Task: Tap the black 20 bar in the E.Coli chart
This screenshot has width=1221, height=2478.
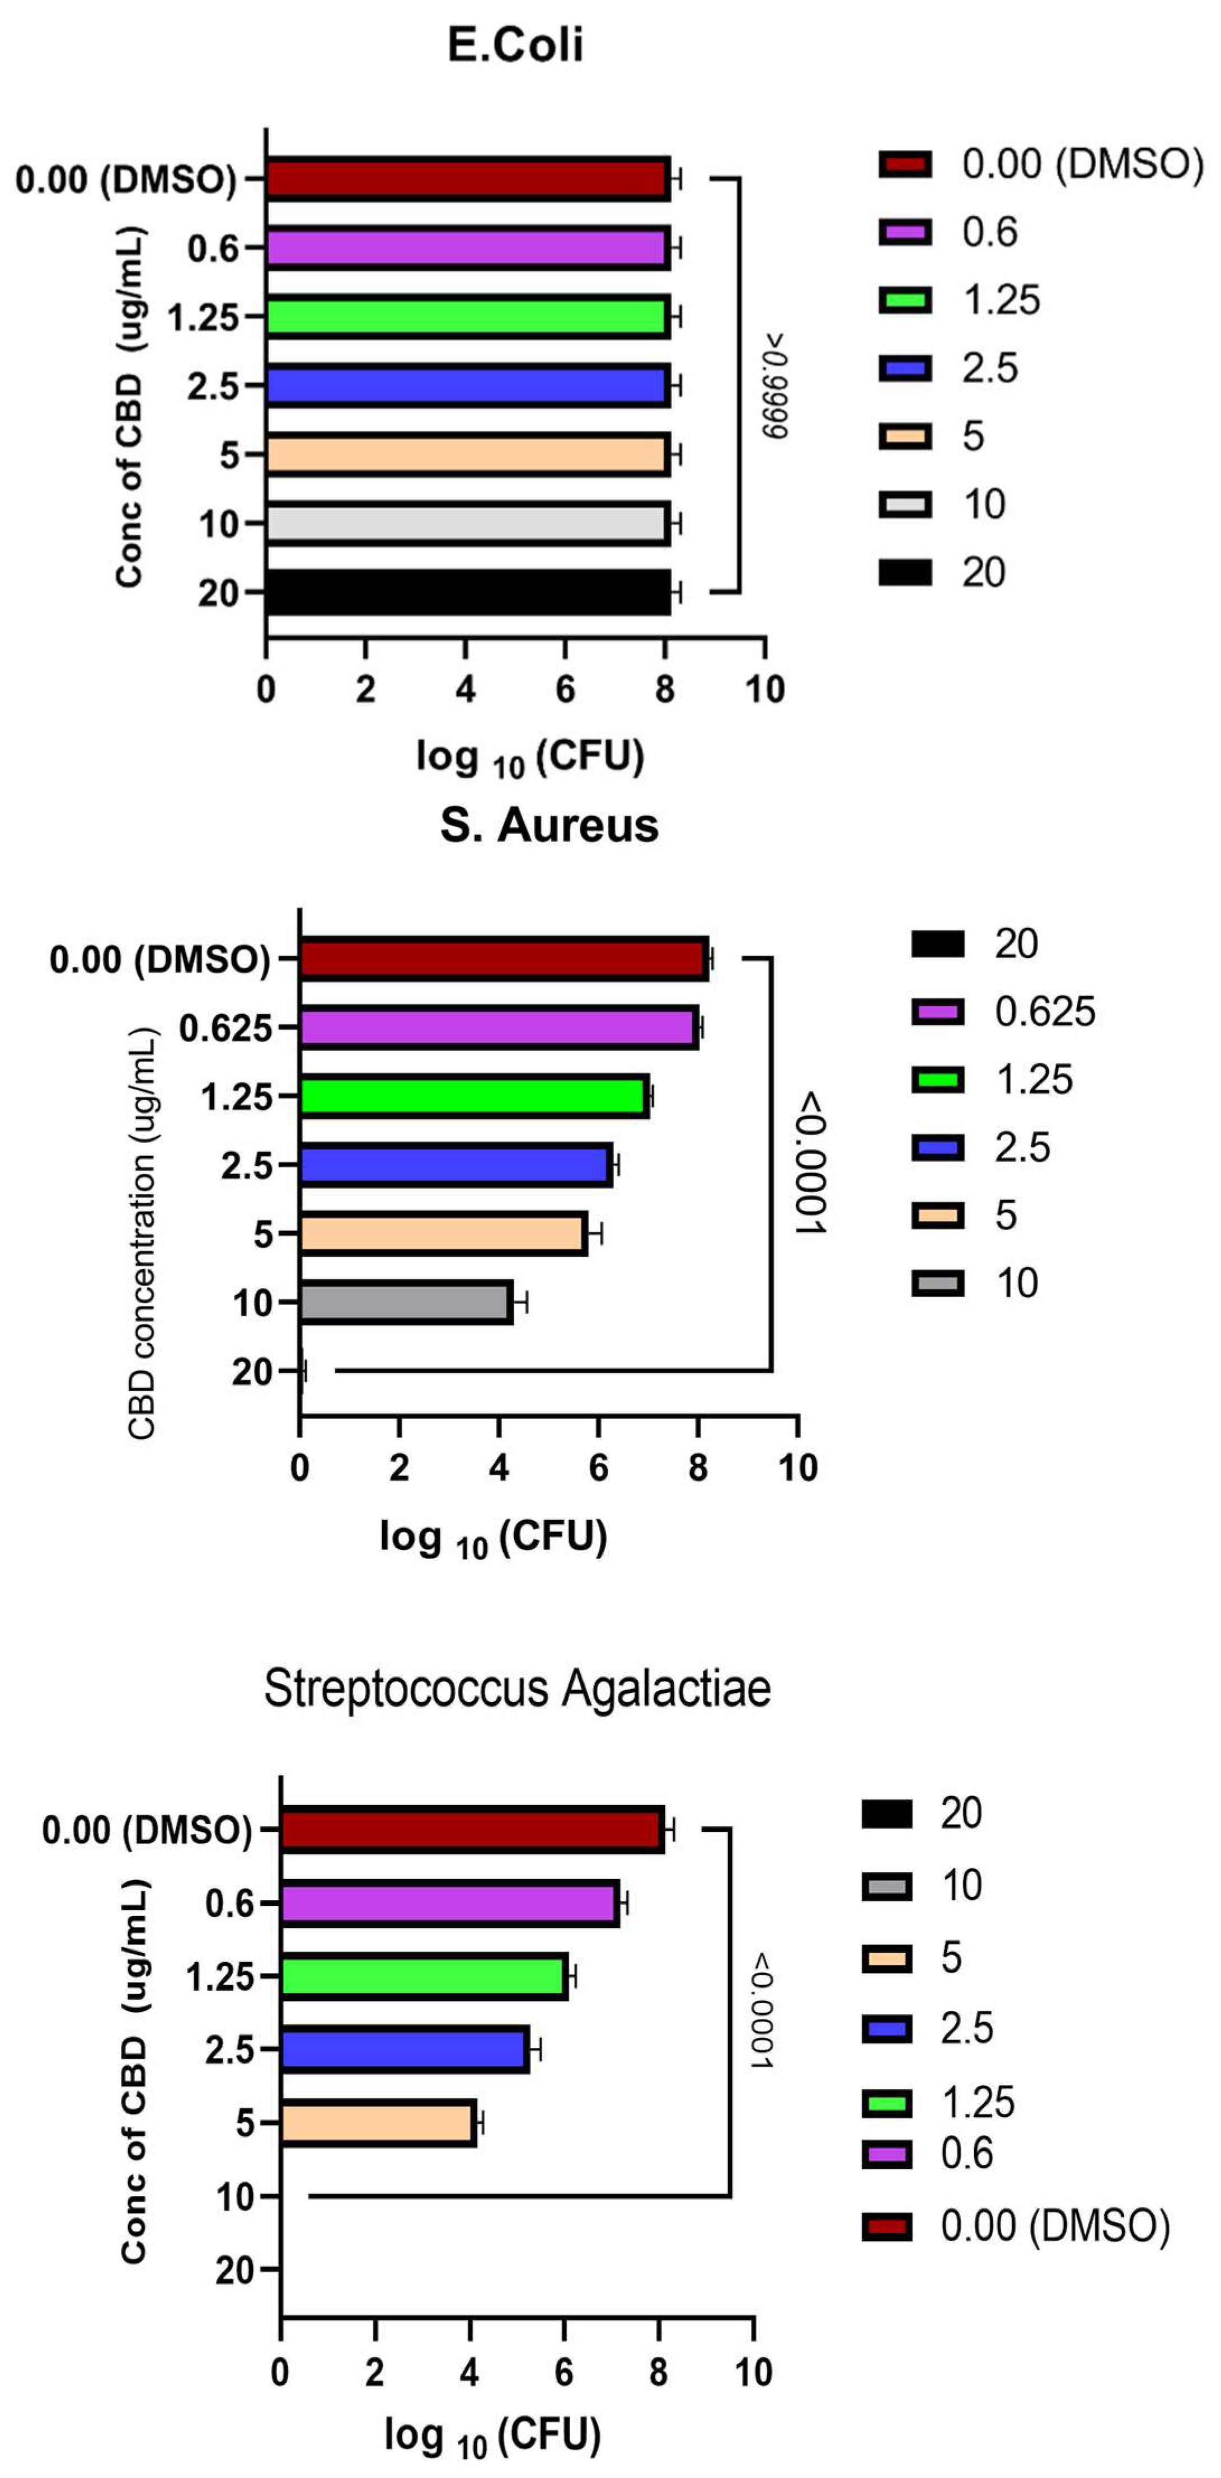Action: click(x=467, y=592)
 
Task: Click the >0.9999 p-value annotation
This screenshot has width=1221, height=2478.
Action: click(x=776, y=385)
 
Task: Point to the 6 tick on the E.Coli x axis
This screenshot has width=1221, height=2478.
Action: click(x=565, y=689)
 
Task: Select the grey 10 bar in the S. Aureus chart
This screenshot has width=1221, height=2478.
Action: click(x=405, y=1303)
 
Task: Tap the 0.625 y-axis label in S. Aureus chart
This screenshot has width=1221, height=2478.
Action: click(x=225, y=1028)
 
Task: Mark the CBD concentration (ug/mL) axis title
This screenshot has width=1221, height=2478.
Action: click(x=142, y=1233)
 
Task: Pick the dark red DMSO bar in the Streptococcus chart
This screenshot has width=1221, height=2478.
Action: click(x=472, y=1830)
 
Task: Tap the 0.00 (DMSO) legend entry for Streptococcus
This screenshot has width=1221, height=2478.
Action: click(x=1054, y=2225)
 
